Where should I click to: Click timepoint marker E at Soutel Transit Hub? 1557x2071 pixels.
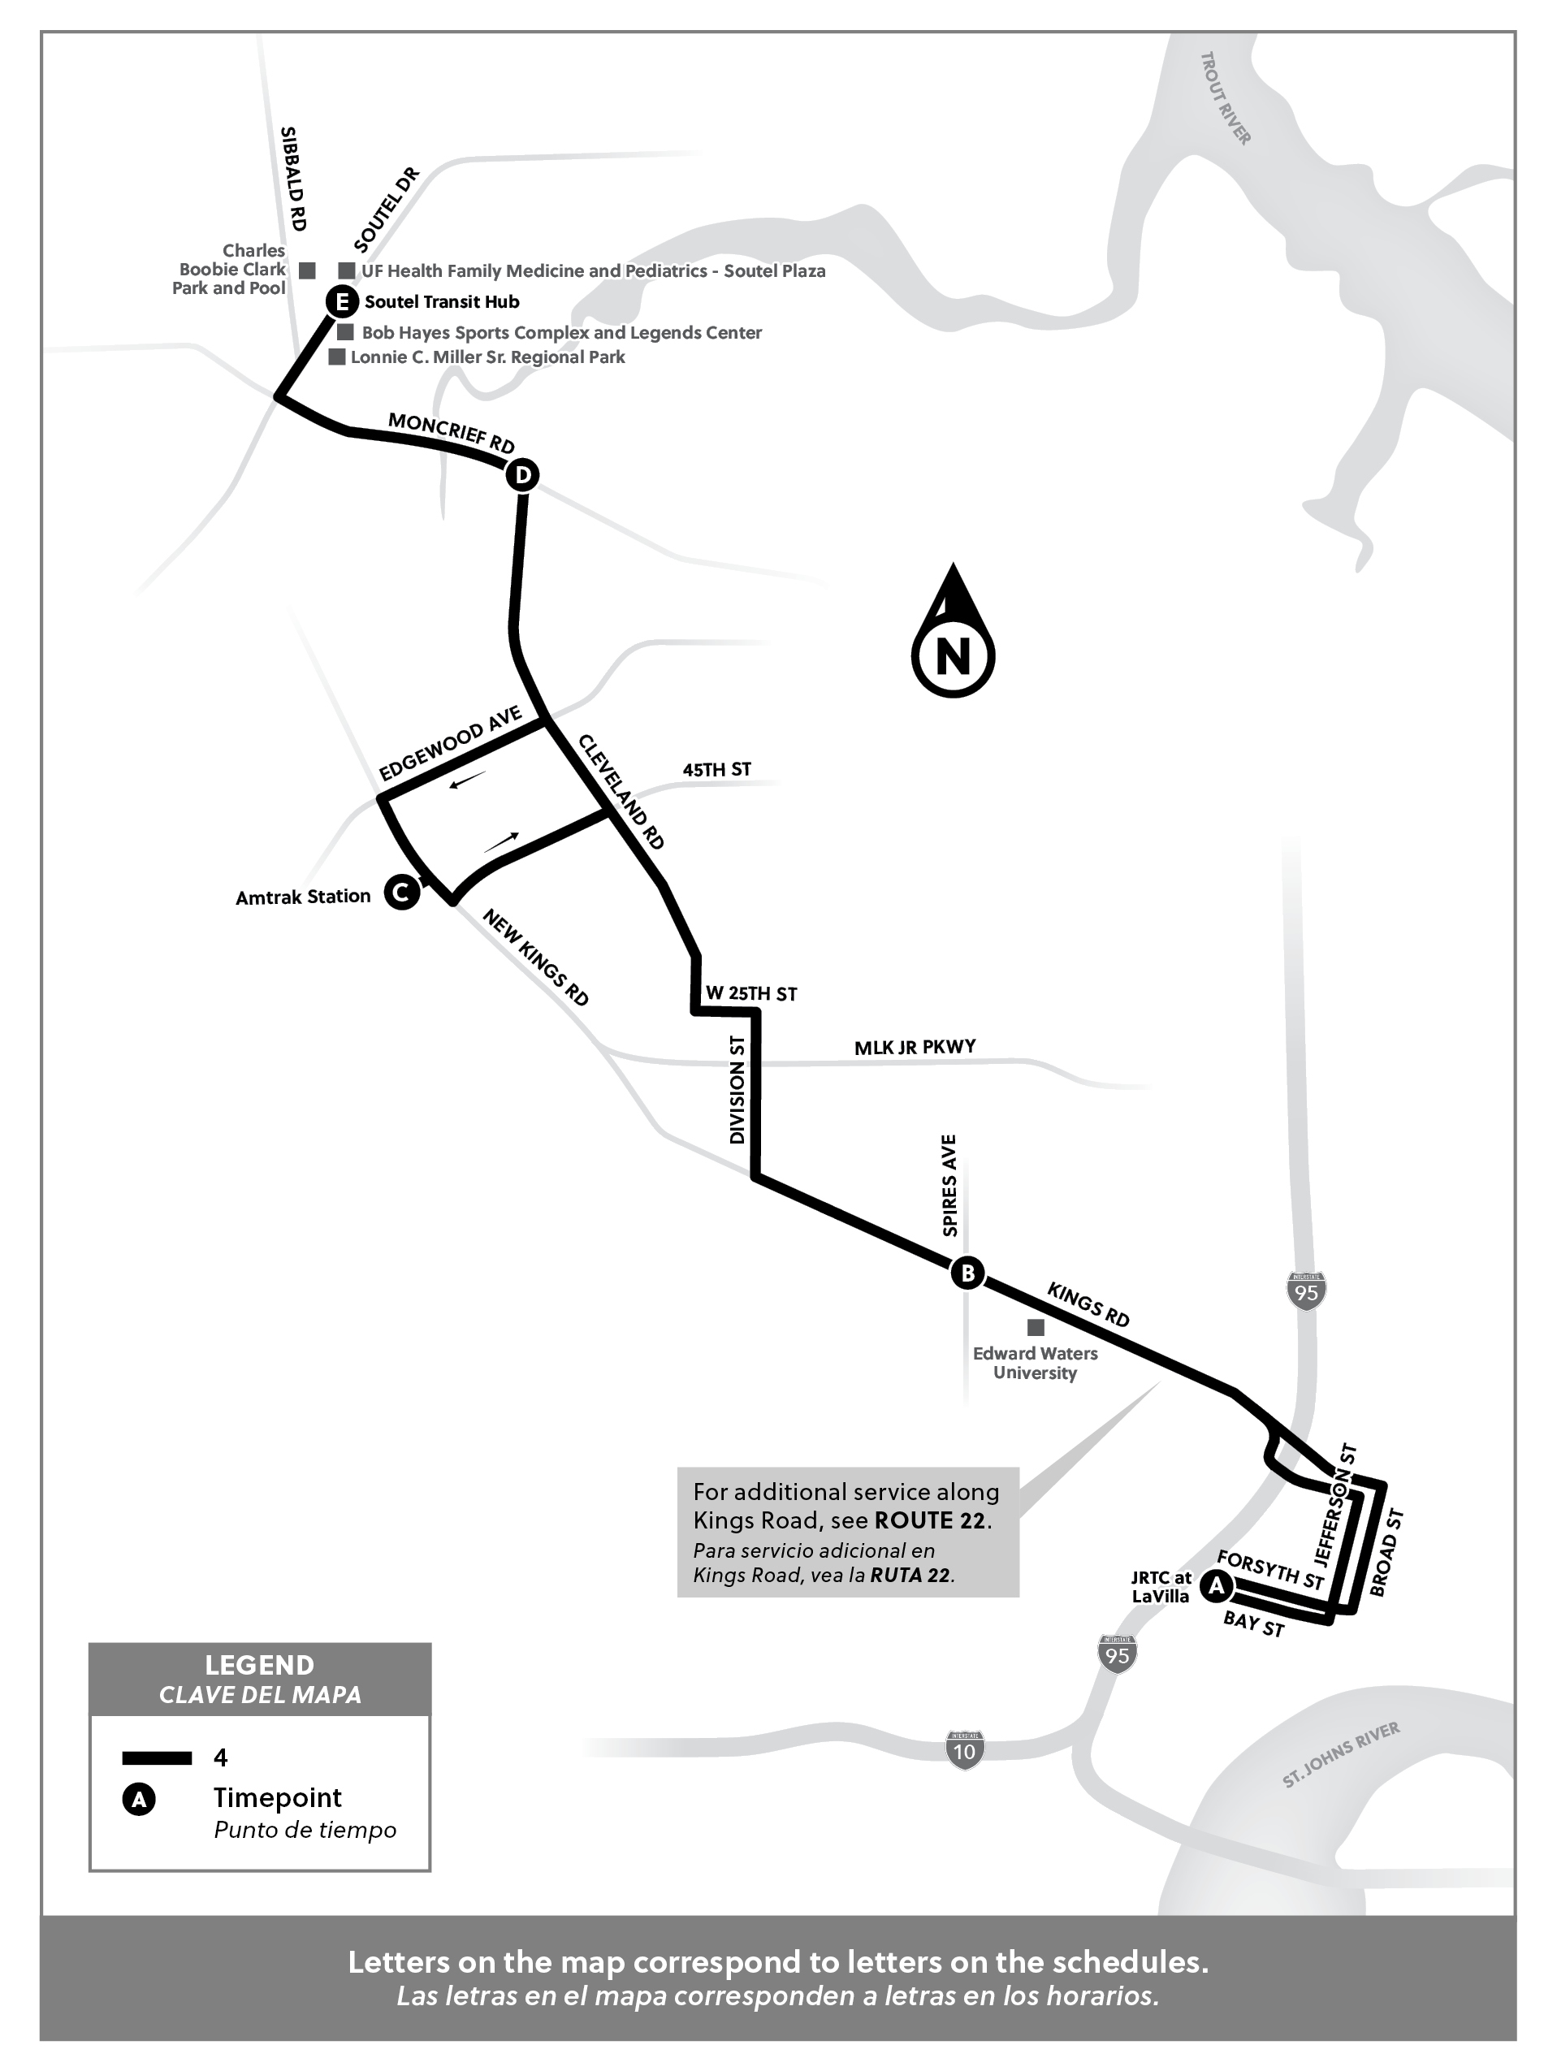coord(342,302)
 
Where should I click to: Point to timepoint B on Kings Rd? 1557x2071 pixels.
coord(967,1273)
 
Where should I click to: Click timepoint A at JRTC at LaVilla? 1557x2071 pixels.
coord(1216,1586)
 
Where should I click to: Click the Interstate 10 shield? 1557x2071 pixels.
coord(963,1750)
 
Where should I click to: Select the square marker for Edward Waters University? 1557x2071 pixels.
coord(1036,1327)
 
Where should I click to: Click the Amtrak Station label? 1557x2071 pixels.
coord(302,897)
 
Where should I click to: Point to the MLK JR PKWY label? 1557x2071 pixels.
coord(915,1047)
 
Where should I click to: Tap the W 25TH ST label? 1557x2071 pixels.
coord(750,993)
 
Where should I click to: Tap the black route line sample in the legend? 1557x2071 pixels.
coord(157,1758)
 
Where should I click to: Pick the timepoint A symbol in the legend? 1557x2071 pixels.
coord(139,1800)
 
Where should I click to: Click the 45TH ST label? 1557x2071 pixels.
coord(716,770)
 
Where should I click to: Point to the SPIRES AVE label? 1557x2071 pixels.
coord(949,1184)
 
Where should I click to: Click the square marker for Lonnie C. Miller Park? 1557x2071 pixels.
coord(337,357)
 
